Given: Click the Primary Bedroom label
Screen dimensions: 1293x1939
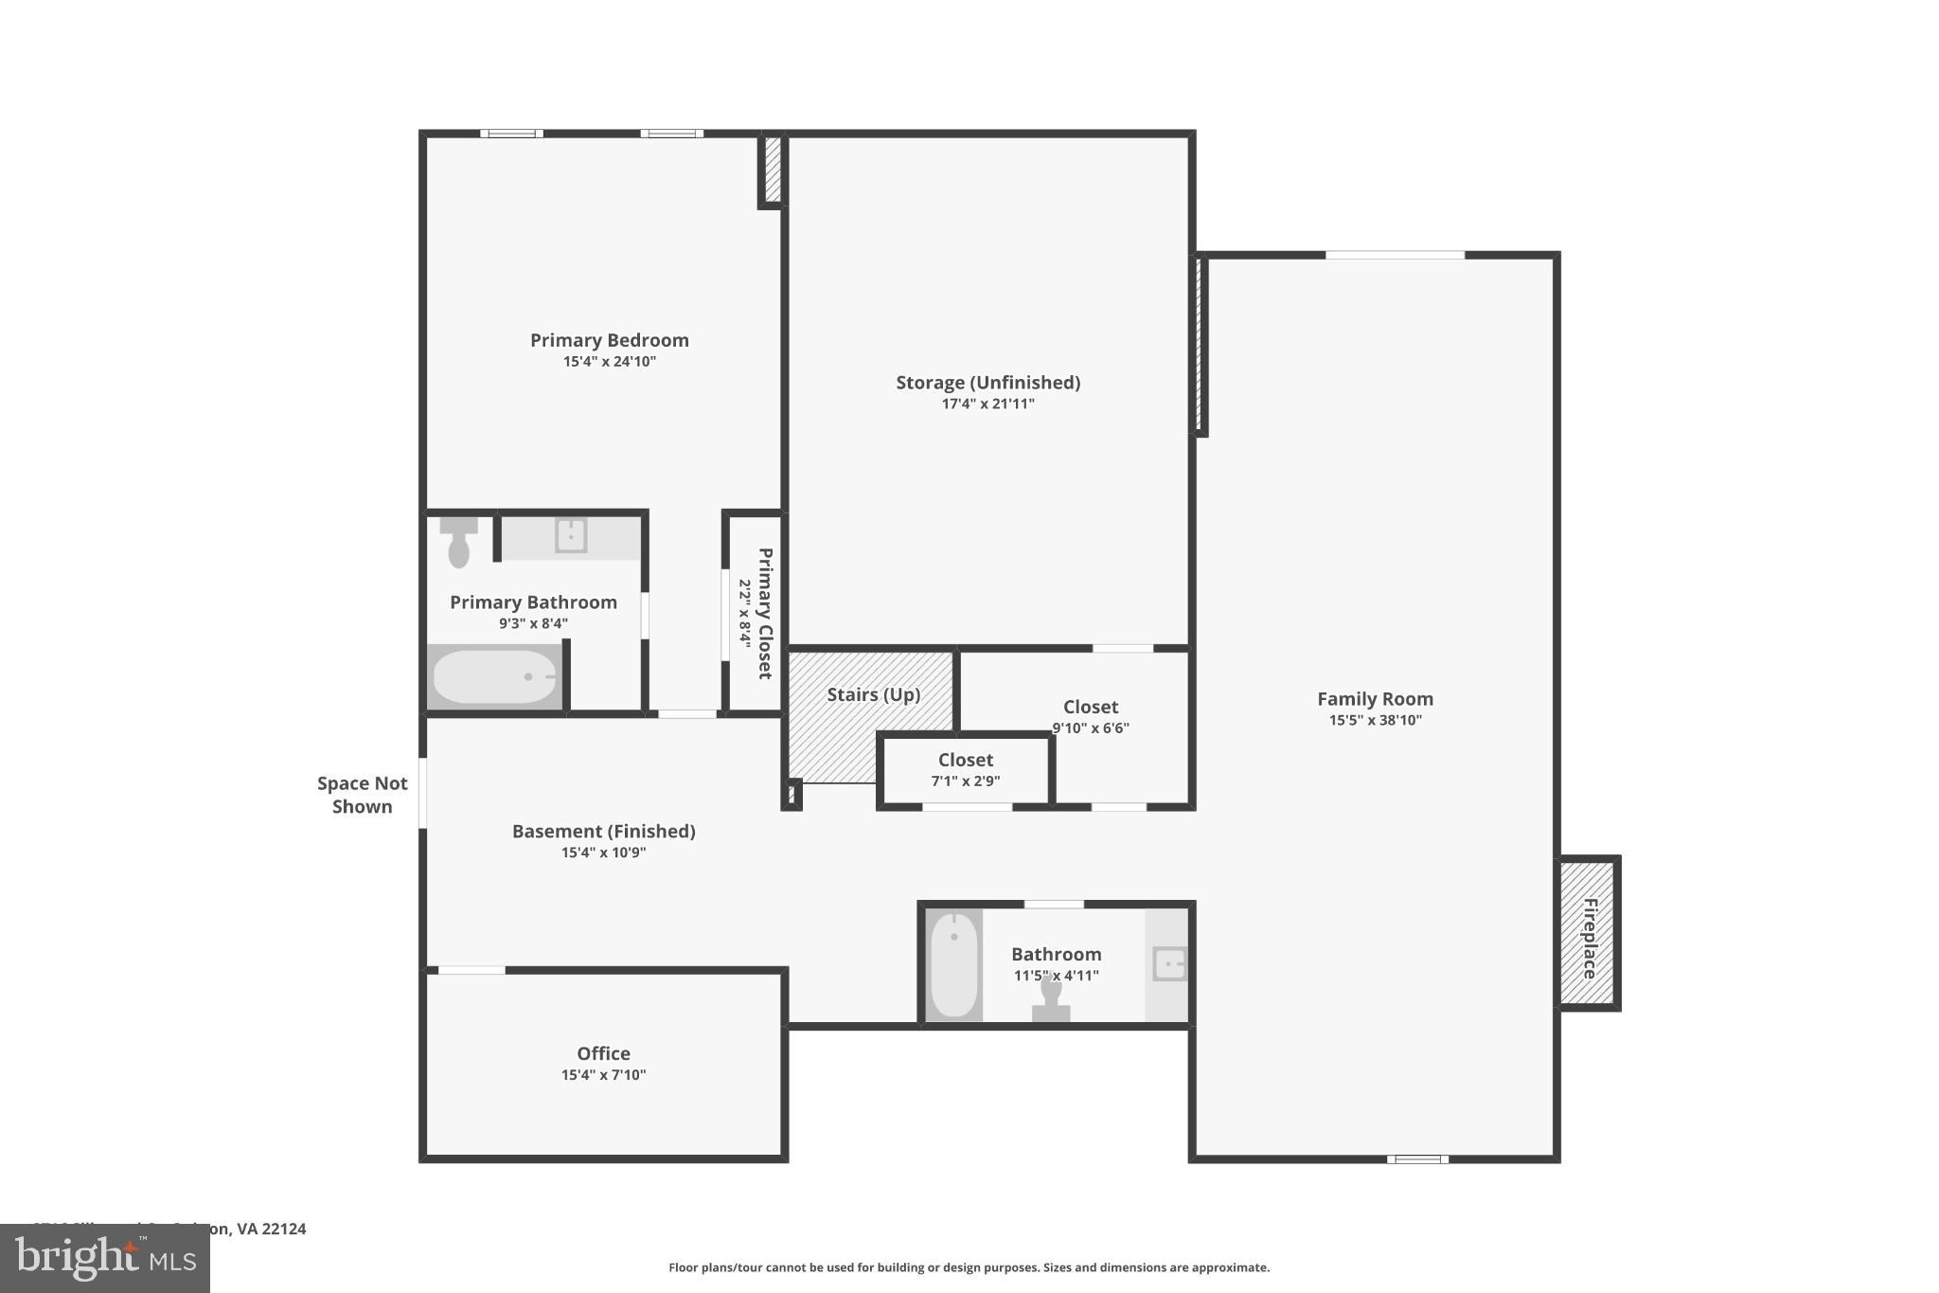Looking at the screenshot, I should coord(609,340).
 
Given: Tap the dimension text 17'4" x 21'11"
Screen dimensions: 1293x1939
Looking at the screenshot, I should coord(987,404).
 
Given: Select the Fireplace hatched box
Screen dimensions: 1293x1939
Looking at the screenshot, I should coord(1588,933).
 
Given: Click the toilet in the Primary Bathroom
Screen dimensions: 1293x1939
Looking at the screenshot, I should coord(459,544).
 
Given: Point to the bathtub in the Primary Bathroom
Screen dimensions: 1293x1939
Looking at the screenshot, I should coord(494,677).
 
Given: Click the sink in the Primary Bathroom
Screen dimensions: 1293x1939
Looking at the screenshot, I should coord(571,535).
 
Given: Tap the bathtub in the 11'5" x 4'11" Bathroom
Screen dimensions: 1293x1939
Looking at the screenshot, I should coord(953,964).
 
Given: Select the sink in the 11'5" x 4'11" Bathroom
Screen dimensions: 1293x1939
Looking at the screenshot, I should coord(1169,965).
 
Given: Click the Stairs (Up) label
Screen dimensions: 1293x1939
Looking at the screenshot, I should coord(873,694).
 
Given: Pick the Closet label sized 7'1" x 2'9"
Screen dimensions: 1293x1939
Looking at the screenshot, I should coord(965,760).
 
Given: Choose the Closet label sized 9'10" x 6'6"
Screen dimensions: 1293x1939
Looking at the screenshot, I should coord(1090,707).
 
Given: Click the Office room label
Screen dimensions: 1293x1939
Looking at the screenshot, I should coord(603,1053).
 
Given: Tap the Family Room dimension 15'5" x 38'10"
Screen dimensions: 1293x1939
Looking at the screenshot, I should coord(1375,720).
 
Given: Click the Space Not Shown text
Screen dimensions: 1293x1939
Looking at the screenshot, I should coord(362,795).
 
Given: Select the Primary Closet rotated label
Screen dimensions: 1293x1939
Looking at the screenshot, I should coord(765,613).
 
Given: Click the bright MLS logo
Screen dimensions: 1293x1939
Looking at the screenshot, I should coord(105,1258).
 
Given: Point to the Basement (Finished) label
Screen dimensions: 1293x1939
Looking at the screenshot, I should coord(603,831).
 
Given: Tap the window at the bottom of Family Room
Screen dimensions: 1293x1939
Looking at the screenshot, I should coord(1417,1158).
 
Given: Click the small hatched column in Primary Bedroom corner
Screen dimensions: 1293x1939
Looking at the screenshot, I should coord(773,170).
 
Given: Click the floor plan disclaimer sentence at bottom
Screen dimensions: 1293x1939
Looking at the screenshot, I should coord(969,1267).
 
